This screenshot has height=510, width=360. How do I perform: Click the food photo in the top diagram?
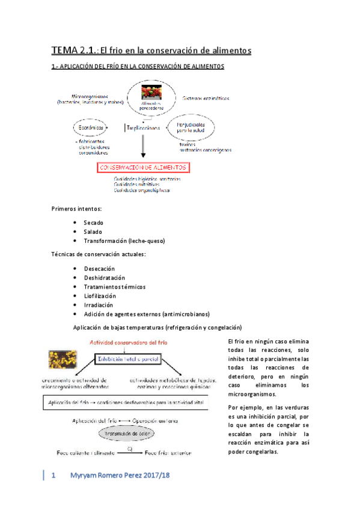[150, 93]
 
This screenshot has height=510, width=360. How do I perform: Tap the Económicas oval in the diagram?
[92, 128]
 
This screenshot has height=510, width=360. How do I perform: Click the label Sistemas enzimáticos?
[204, 97]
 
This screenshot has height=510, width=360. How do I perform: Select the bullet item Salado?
[93, 232]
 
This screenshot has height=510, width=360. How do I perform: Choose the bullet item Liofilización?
[99, 296]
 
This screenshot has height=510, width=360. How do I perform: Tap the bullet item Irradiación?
[97, 305]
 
